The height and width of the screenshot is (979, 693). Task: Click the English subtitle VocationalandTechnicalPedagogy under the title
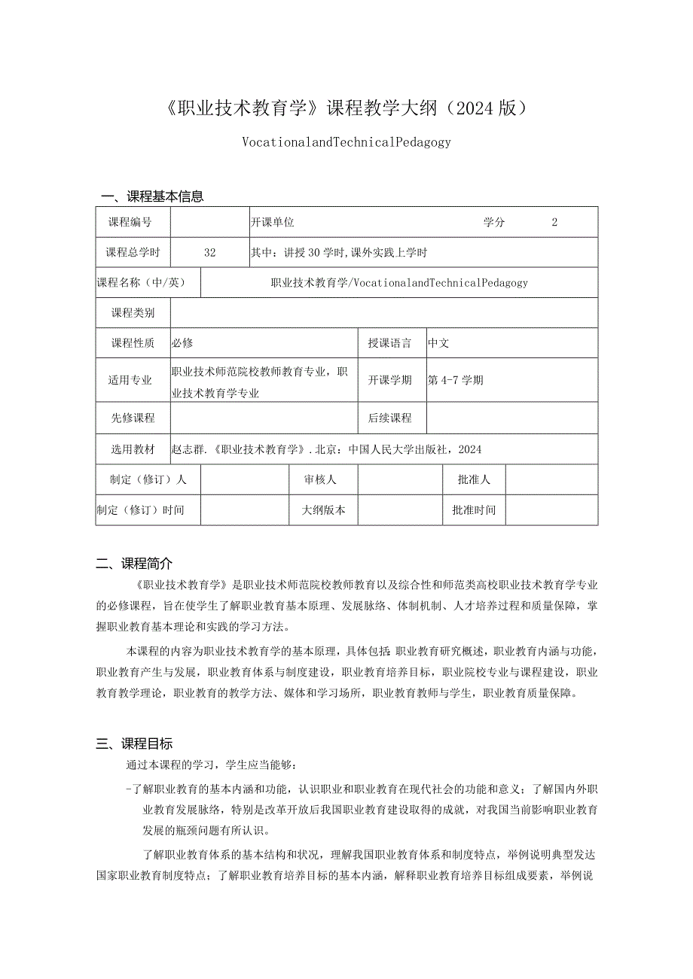click(346, 141)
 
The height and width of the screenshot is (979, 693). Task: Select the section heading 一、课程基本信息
click(152, 196)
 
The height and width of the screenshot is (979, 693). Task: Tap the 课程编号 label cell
click(130, 222)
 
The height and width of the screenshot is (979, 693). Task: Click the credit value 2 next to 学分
click(554, 222)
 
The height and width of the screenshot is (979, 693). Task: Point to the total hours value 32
click(209, 253)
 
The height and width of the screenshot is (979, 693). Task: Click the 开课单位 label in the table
click(272, 222)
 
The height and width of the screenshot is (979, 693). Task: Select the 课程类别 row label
click(133, 313)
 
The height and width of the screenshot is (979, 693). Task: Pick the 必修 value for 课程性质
click(182, 343)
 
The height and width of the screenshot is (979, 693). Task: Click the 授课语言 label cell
click(390, 343)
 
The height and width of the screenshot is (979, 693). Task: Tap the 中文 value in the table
click(438, 343)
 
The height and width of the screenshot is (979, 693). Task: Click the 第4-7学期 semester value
click(456, 380)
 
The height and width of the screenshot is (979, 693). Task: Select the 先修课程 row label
click(133, 418)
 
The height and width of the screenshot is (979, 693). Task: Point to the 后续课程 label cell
click(390, 418)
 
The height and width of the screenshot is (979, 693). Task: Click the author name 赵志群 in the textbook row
click(188, 449)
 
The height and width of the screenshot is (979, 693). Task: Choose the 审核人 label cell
click(321, 479)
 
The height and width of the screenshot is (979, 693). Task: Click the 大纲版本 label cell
click(324, 509)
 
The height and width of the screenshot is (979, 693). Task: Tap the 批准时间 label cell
click(474, 509)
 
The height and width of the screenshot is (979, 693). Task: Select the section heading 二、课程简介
click(135, 563)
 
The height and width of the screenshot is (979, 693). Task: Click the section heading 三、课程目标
click(135, 743)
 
